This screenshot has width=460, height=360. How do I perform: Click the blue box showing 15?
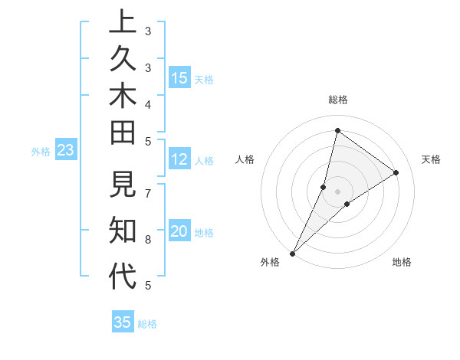click(x=179, y=77)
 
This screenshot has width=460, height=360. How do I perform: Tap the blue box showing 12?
click(x=179, y=159)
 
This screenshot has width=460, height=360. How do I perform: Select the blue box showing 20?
click(x=179, y=231)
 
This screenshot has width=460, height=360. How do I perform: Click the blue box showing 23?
click(x=65, y=150)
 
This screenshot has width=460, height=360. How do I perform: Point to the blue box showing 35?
click(x=123, y=322)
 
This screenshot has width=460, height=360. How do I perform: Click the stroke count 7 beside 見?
click(x=148, y=194)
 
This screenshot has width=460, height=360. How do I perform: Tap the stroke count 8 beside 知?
click(x=148, y=239)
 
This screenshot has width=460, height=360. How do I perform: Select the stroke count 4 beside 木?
click(x=148, y=103)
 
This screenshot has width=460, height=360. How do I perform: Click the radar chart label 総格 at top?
click(x=337, y=100)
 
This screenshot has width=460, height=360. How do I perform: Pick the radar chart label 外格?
click(x=270, y=262)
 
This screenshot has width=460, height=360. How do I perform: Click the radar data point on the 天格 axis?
click(x=396, y=172)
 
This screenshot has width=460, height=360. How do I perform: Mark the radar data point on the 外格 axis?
click(x=293, y=253)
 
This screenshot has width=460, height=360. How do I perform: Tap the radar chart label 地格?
click(x=402, y=262)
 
